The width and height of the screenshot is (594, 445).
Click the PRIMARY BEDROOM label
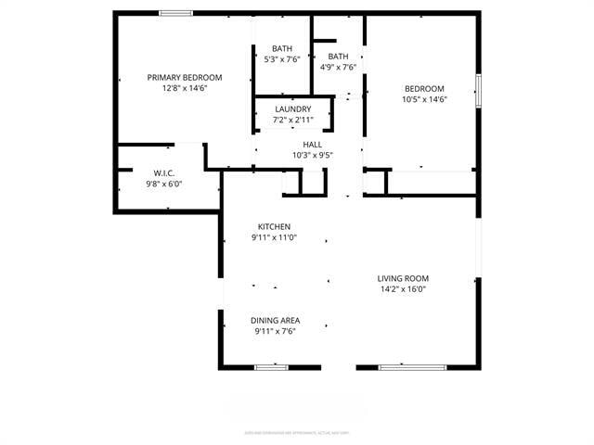point(185,77)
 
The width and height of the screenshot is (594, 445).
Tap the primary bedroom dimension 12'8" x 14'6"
point(185,88)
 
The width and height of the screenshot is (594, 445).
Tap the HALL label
point(313,145)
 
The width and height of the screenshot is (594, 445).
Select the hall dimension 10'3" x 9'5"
point(313,156)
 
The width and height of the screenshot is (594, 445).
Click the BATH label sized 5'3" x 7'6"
point(282,48)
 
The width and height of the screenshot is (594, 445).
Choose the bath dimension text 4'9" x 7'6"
point(338,67)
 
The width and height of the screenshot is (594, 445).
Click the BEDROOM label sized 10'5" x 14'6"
point(424,89)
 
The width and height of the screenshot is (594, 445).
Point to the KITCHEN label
point(274,226)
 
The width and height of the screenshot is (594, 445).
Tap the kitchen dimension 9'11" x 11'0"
point(274,237)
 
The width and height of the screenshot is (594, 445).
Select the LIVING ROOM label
point(403,278)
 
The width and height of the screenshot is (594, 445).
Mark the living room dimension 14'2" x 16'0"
point(403,289)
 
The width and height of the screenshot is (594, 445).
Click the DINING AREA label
point(275,321)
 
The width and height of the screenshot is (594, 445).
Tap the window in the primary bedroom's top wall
point(175,13)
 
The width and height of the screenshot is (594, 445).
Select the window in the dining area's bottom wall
point(272,367)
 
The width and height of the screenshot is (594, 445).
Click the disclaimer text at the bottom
point(297,431)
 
